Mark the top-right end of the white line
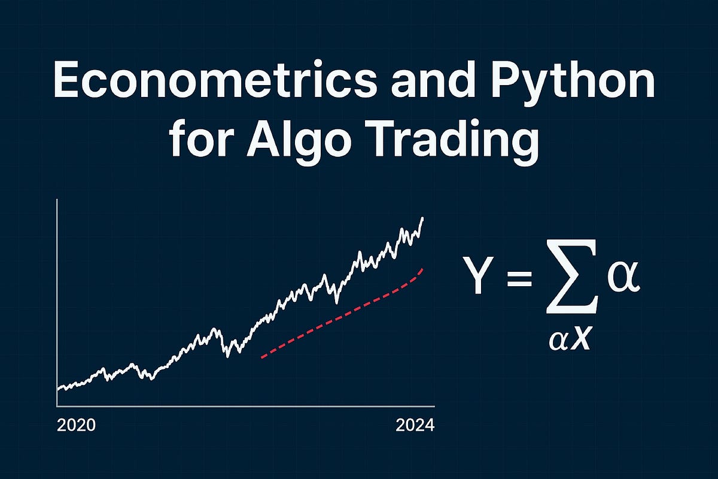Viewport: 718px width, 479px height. click(423, 219)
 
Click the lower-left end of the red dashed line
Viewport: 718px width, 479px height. click(262, 357)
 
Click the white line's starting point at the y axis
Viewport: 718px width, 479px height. click(57, 389)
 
